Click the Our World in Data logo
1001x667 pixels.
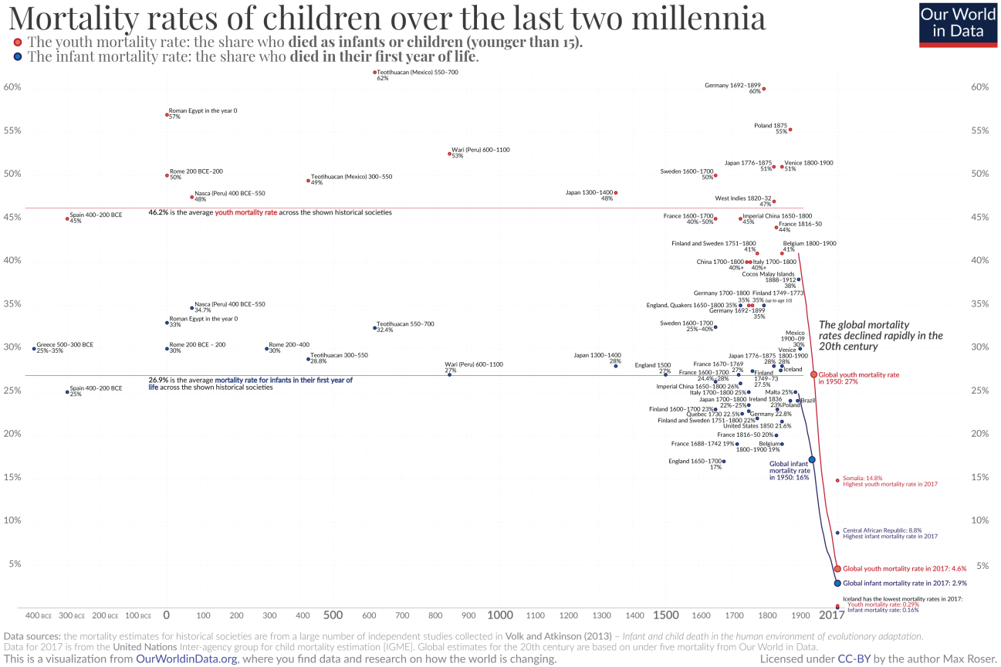click(958, 24)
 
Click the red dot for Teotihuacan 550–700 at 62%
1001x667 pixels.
click(375, 73)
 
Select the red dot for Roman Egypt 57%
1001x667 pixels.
click(167, 115)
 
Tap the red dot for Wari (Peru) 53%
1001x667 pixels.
click(450, 154)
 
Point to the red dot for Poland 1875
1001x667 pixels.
click(790, 130)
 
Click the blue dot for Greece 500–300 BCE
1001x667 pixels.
click(34, 349)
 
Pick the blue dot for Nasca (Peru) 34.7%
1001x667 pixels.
click(192, 308)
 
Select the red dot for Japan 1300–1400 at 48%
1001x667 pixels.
click(616, 193)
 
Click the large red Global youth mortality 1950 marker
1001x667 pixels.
click(813, 374)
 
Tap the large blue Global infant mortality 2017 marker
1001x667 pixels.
click(837, 583)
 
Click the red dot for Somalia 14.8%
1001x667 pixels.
click(837, 480)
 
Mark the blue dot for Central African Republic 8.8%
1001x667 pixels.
click(837, 533)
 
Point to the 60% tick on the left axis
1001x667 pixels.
click(12, 87)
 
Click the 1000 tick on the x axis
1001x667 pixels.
click(500, 615)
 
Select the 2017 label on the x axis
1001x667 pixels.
click(831, 615)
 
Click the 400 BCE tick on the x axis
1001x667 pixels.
click(39, 616)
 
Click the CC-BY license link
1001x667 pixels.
click(856, 659)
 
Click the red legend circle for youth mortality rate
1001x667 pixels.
click(18, 42)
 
